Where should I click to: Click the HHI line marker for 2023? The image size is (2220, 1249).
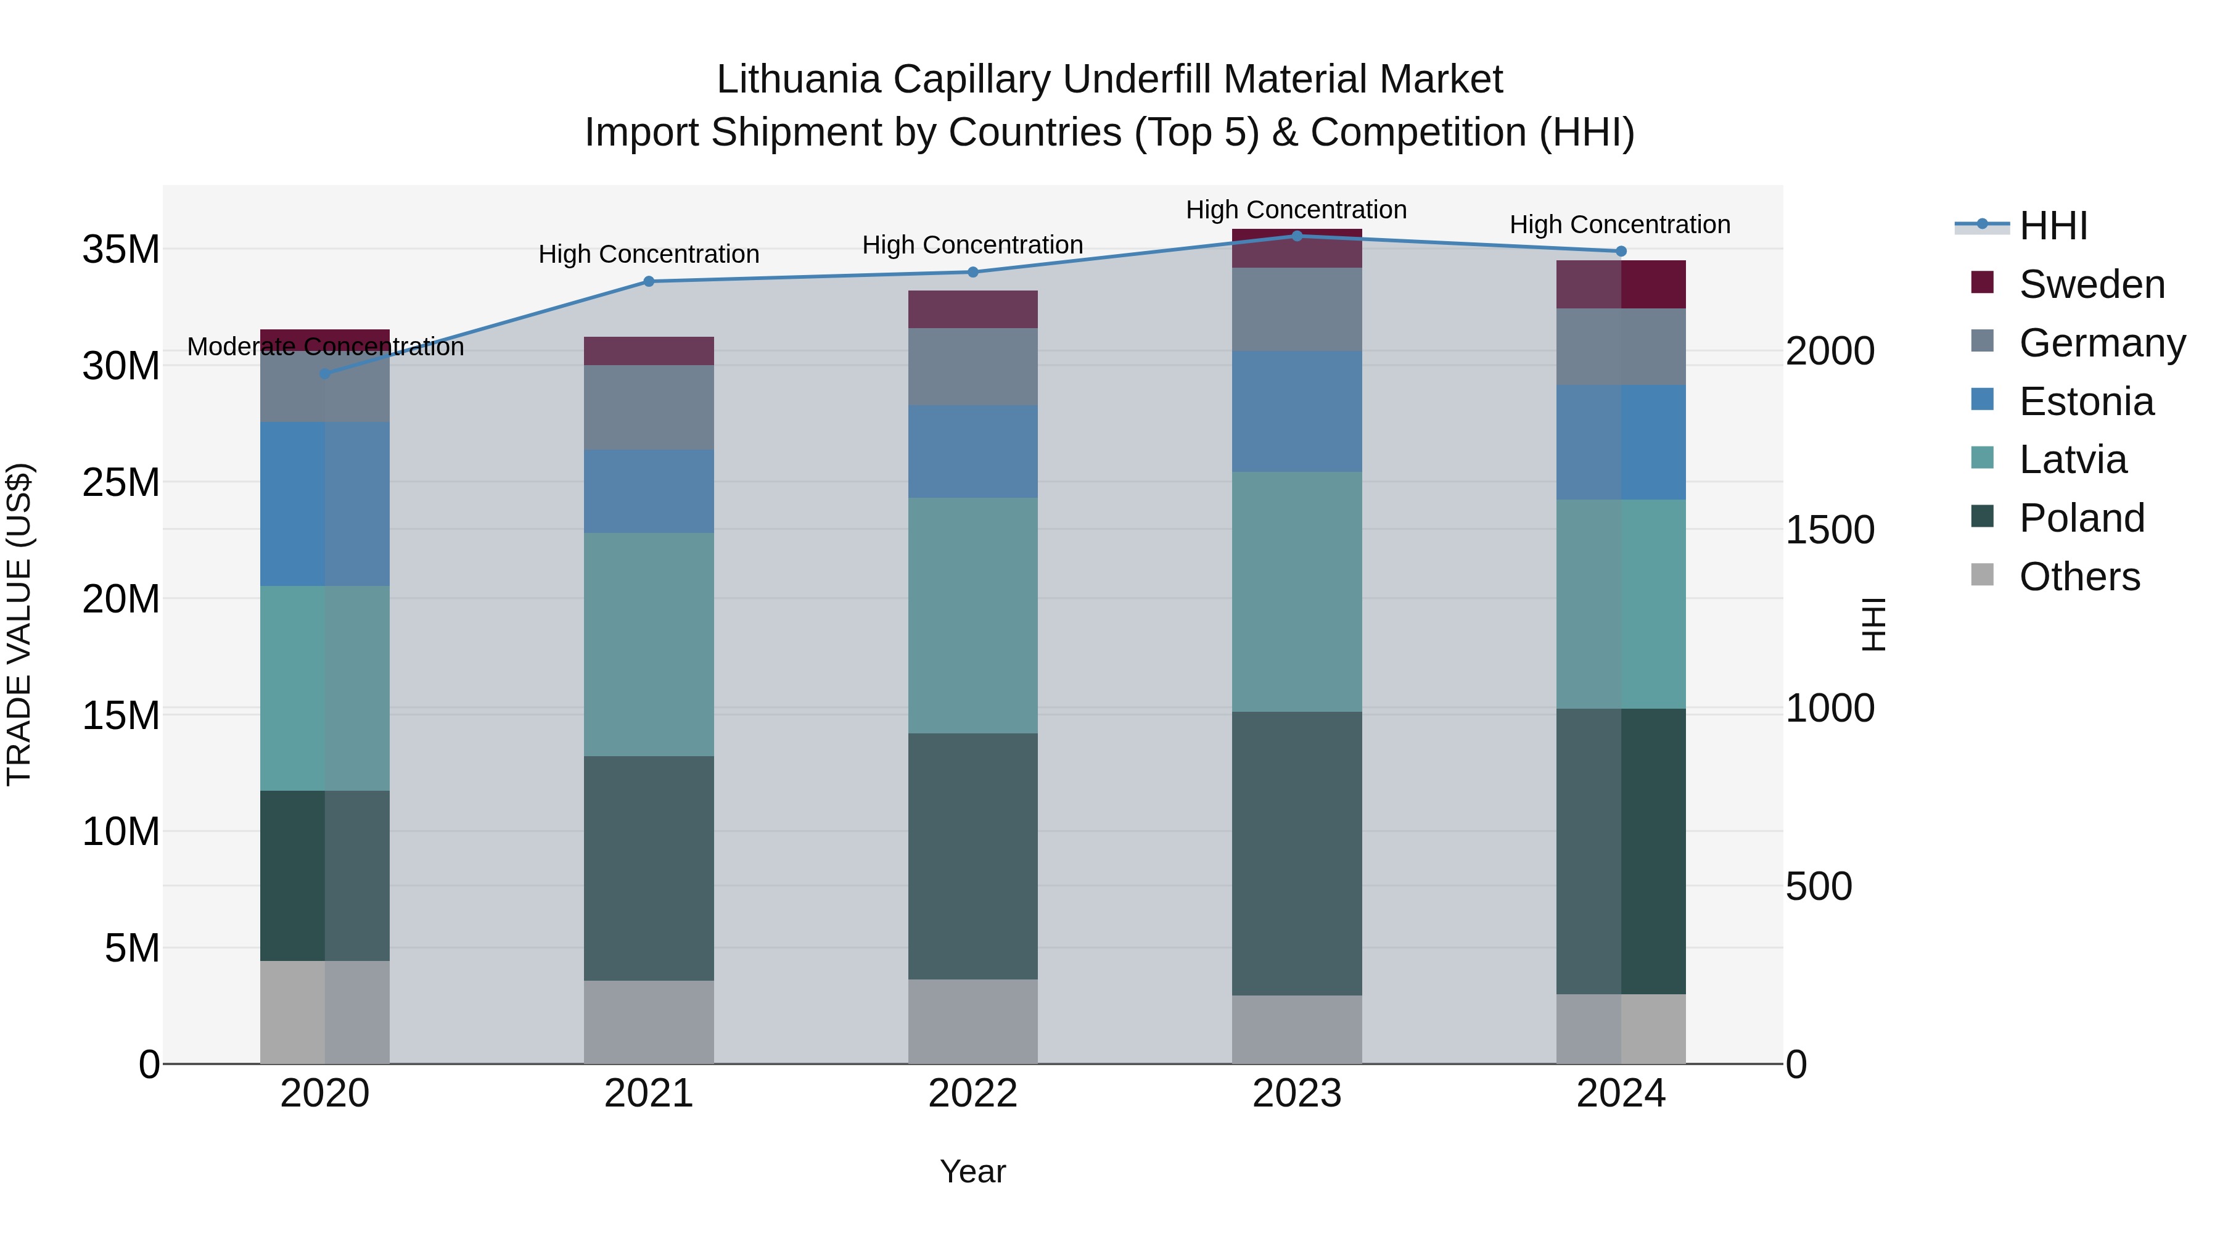[x=1296, y=236]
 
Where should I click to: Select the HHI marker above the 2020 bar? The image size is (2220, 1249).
[x=325, y=373]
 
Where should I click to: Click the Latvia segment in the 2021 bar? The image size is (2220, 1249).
[x=648, y=644]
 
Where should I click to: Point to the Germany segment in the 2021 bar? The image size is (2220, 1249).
[x=648, y=407]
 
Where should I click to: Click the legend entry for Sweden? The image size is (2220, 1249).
[x=2092, y=284]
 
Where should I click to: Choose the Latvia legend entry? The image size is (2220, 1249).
[x=2073, y=460]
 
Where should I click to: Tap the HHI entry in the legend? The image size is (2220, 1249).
[x=2053, y=226]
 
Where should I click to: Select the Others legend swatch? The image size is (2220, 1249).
[x=1982, y=575]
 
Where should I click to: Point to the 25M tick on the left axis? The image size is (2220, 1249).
[x=121, y=482]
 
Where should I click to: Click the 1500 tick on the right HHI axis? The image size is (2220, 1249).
[x=1830, y=529]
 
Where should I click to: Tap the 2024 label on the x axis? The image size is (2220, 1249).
[x=1620, y=1093]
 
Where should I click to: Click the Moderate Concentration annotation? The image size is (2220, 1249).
[x=325, y=347]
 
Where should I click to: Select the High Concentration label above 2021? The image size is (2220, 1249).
[x=648, y=254]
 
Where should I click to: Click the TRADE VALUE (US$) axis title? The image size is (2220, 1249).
[x=19, y=624]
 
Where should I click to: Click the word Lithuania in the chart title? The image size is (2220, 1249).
[x=798, y=80]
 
